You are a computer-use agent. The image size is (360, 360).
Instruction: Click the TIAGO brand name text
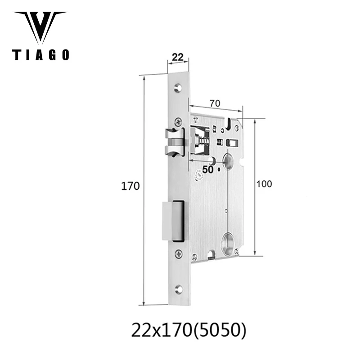(40, 55)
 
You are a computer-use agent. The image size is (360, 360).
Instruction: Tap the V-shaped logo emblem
(40, 27)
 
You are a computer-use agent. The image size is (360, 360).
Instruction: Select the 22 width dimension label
(178, 57)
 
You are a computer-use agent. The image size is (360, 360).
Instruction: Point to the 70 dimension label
(215, 103)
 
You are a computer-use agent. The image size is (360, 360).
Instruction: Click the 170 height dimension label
(132, 186)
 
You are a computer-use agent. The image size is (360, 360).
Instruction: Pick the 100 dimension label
(265, 184)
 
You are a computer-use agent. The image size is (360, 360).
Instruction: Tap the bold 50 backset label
(207, 170)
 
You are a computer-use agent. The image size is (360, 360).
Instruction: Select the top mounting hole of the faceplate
(179, 85)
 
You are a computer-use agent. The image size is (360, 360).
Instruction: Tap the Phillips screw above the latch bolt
(179, 121)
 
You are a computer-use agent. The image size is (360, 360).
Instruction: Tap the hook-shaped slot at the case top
(230, 123)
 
